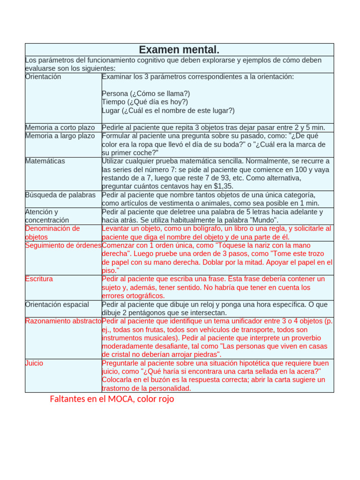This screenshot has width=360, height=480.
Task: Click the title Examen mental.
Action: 179,50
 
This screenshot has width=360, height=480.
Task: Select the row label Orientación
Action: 43,77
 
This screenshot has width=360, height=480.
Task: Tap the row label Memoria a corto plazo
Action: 60,127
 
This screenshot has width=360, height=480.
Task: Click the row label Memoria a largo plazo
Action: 60,136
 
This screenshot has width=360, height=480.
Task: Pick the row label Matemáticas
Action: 45,161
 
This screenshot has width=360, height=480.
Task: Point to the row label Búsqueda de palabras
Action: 60,195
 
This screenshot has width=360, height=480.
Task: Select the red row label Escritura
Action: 39,279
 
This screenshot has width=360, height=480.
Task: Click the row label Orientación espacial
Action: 57,305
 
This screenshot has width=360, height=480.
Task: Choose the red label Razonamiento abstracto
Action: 63,322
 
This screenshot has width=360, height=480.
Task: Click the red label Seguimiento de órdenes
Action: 63,246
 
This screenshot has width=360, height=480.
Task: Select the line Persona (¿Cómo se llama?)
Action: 146,94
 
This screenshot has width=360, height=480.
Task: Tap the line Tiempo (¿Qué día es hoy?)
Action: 145,102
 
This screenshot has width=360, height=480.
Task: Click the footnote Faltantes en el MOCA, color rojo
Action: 112,399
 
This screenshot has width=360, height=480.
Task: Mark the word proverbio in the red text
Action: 305,338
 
